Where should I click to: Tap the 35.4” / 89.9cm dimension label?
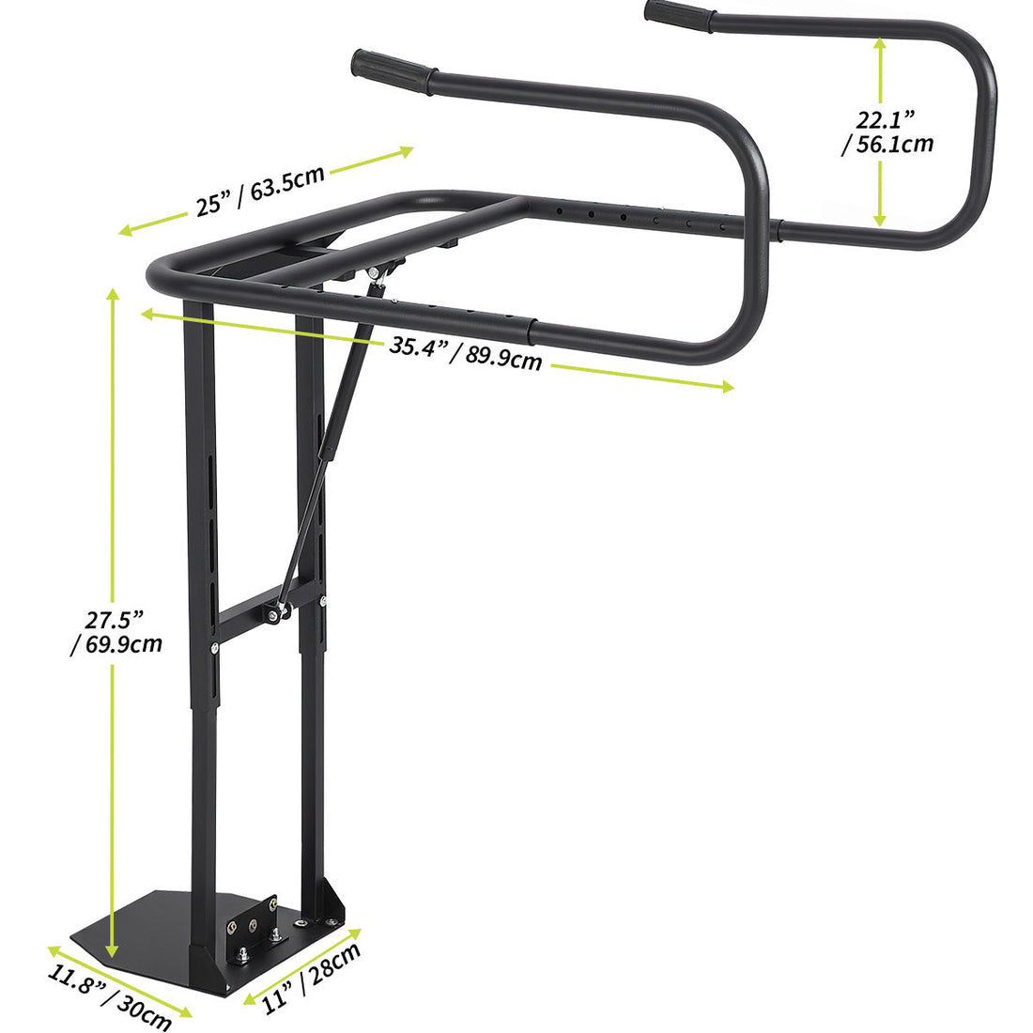[x=466, y=352]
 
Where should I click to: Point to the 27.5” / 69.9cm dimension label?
[x=116, y=631]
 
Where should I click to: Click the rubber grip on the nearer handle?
[x=393, y=71]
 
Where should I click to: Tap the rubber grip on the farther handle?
[x=679, y=16]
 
